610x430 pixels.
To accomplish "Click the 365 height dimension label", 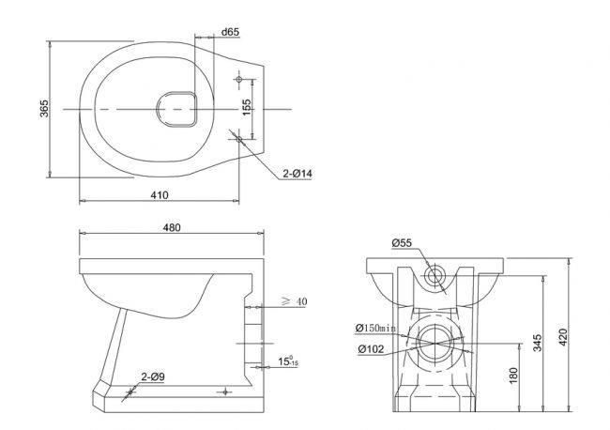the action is coord(44,109).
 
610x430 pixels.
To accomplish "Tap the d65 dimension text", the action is coord(230,32).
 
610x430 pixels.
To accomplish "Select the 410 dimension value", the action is coord(160,195).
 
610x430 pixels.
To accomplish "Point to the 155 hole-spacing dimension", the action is coord(247,107).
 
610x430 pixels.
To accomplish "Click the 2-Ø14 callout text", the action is coord(297,174).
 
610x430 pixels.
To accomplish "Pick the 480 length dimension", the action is coord(172,227).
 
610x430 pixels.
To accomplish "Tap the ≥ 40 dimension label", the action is coord(295,301).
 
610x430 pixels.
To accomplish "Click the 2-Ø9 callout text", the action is coord(153,376).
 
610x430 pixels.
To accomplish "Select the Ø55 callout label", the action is coord(402,243).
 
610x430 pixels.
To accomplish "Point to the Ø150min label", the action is coord(375,328).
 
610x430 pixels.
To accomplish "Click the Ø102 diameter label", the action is coord(371,349).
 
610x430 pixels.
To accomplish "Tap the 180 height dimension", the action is coord(513,376).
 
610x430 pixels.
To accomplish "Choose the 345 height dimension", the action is coord(537,343).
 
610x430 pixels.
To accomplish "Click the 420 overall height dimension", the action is coord(563,337).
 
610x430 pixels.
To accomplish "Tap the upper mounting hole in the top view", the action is coord(239,79).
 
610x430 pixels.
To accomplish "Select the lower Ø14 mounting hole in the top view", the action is coord(239,139).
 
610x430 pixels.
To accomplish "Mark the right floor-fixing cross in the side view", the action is coord(224,392).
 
